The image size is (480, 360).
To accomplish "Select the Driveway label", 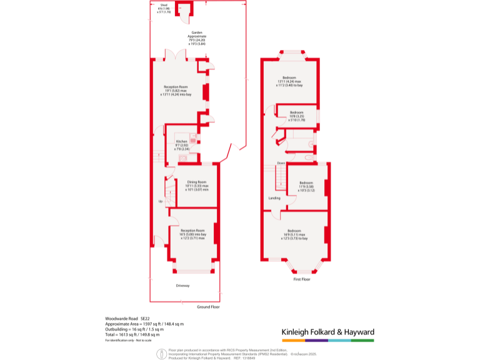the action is point(182,286).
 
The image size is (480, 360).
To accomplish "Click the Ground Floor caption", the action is point(208,307).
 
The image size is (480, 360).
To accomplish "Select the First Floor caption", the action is point(301,279).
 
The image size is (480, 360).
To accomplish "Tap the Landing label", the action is point(274,198).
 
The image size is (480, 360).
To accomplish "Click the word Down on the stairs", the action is point(281,163).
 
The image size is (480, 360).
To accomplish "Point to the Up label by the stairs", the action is point(160,201).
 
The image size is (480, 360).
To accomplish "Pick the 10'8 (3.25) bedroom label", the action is point(296,116).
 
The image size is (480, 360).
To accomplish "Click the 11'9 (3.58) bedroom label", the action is point(306,186).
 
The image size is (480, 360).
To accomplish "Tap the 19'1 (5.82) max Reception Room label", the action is point(176,90).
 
